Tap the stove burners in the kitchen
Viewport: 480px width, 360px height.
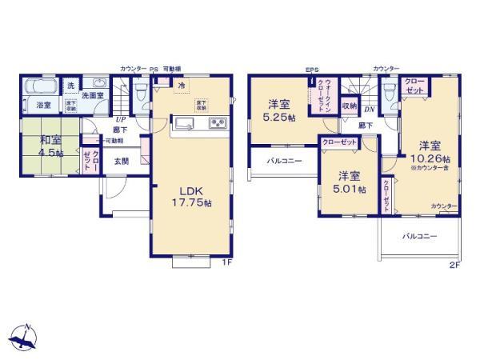tap(218, 123)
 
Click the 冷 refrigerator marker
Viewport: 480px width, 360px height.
tap(182, 86)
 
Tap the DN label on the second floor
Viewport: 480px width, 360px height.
tap(370, 110)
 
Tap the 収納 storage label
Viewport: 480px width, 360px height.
tap(349, 105)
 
